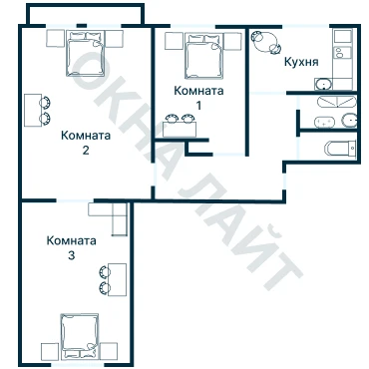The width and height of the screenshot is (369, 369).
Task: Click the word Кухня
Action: (301, 62)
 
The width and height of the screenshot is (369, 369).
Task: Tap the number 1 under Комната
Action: (198, 106)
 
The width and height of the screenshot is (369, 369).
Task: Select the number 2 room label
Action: (86, 151)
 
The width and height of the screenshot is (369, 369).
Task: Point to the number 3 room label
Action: (71, 255)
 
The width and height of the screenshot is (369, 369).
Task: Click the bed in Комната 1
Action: (203, 56)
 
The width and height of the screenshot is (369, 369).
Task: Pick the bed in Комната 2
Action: (86, 53)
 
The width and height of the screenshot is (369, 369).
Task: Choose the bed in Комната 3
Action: (80, 336)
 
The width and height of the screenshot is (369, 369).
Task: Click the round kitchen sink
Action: (323, 84)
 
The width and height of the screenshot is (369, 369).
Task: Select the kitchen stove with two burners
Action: (342, 53)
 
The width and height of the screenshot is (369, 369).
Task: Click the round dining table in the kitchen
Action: (266, 41)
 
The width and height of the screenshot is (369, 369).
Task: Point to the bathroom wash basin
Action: (349, 121)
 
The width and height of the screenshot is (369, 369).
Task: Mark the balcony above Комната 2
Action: (86, 15)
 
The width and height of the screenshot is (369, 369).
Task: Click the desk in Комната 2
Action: (33, 110)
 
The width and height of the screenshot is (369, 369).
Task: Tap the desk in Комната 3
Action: (119, 279)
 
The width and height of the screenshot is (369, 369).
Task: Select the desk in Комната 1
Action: (180, 129)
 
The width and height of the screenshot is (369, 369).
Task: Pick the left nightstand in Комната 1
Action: (174, 41)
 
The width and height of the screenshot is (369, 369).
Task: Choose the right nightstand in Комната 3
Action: (109, 351)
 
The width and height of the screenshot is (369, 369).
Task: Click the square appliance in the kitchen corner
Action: (343, 36)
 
